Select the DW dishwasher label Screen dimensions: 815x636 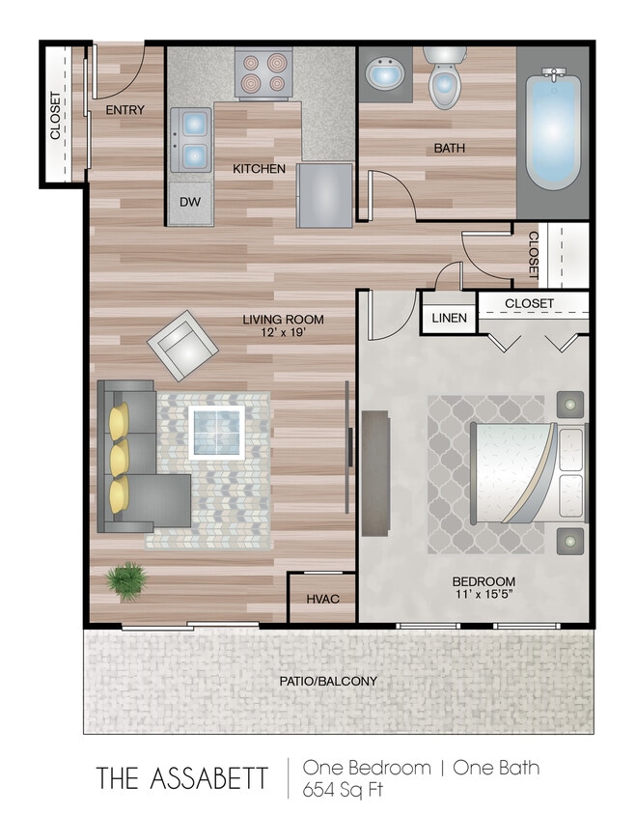pos(189,204)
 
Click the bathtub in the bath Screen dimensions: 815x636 pos(552,130)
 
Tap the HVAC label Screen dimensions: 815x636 pos(321,599)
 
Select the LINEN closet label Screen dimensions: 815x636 pos(448,318)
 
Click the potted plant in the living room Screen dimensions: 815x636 pos(124,582)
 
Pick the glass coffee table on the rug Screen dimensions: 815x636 pos(216,431)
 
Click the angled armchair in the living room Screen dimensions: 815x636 pos(182,345)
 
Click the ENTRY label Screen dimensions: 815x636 pos(124,110)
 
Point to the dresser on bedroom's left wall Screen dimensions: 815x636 pos(375,473)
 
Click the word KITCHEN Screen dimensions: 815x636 pos(259,169)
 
